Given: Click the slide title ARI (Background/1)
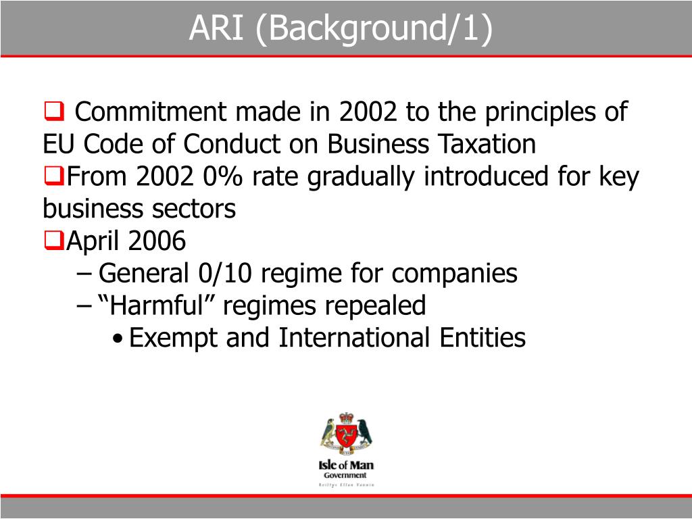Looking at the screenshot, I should click(341, 28).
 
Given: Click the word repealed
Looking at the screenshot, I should click(375, 305).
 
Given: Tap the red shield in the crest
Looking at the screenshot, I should click(347, 433).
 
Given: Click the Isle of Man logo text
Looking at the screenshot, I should click(346, 465).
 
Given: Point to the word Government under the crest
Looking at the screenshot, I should click(346, 475).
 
